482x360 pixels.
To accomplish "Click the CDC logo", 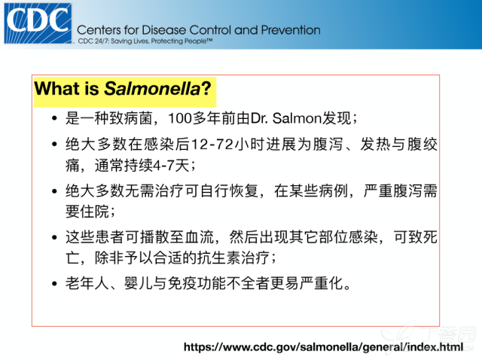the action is point(38,23).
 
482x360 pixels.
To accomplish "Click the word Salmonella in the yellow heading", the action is point(152,89).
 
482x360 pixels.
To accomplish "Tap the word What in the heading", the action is point(57,89).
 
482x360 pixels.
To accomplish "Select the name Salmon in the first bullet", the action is point(297,118).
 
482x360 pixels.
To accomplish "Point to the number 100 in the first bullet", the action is point(181,118).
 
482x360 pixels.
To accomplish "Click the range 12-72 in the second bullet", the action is point(212,144).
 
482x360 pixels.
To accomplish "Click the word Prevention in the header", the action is point(291,30).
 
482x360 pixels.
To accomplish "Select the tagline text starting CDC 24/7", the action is point(145,41).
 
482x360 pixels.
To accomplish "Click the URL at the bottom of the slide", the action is point(323,347).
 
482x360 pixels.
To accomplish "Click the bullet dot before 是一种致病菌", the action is point(55,118).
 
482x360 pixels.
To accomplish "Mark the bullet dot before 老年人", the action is point(55,283).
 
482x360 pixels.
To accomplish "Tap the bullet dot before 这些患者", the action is point(55,237).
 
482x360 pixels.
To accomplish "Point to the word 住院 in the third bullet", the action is point(94,212).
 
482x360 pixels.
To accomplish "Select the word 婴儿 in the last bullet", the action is point(139,283).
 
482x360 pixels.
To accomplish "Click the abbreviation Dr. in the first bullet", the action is point(259,118).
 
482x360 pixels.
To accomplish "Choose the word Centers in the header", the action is point(99,30).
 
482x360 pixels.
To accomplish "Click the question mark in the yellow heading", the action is point(206,89).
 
